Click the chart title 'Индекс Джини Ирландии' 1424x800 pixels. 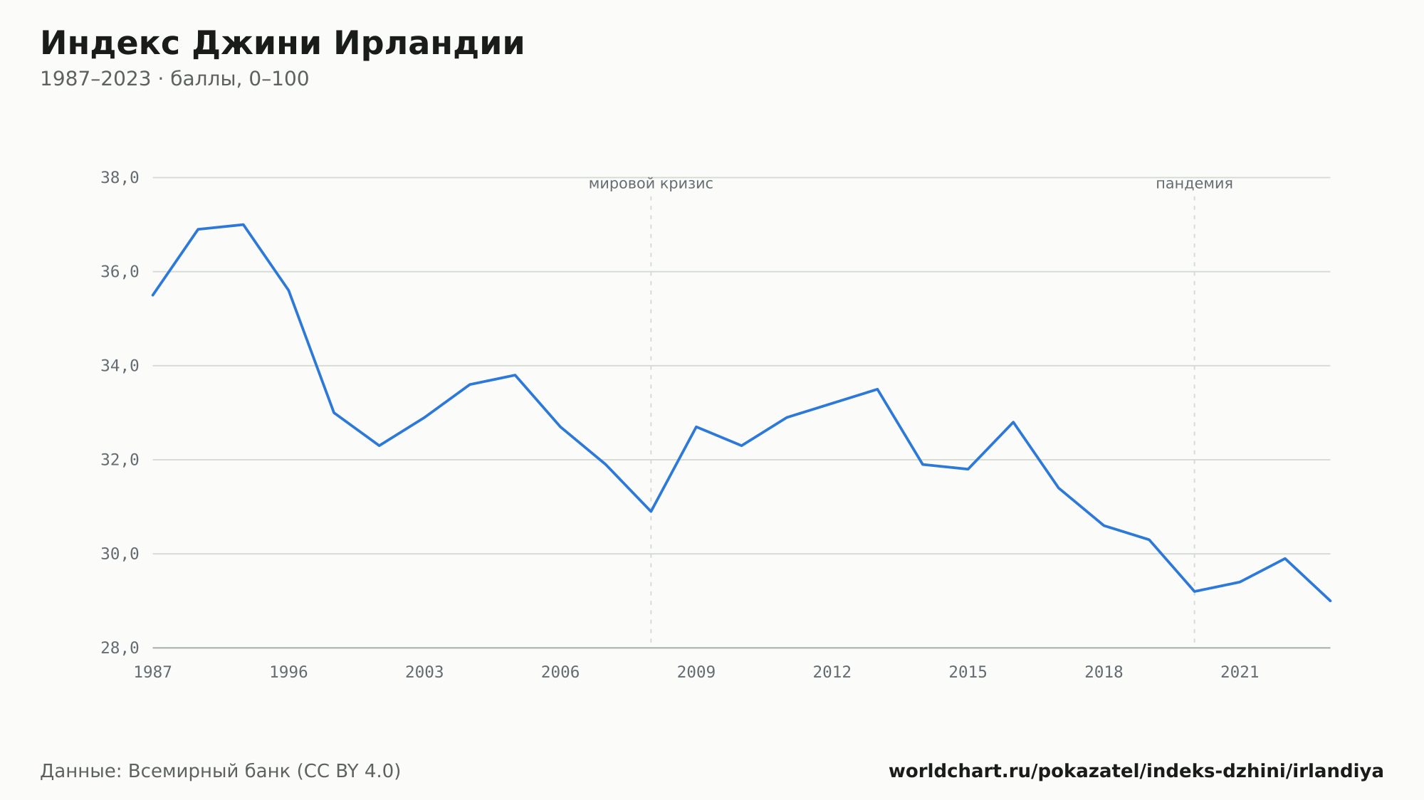click(282, 43)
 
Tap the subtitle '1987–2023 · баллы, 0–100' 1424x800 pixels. click(174, 79)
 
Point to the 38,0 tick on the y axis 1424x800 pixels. click(120, 178)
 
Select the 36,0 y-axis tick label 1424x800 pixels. click(120, 272)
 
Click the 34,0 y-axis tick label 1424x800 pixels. click(120, 366)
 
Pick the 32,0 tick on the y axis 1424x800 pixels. click(120, 460)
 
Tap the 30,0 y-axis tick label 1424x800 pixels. click(120, 554)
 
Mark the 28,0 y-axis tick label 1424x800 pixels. click(120, 648)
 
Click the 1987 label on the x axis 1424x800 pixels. click(153, 673)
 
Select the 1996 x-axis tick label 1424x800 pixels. click(288, 673)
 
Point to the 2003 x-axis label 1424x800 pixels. click(424, 673)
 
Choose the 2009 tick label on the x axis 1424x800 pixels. click(696, 673)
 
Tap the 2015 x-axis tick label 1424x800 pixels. click(968, 673)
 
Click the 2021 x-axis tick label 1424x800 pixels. click(1240, 673)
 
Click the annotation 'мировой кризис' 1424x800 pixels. click(651, 184)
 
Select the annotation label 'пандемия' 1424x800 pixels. click(1194, 184)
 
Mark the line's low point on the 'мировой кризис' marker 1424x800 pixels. click(651, 511)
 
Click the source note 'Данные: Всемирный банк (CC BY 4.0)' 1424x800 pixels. click(221, 772)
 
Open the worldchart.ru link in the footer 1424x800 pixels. click(1136, 772)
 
